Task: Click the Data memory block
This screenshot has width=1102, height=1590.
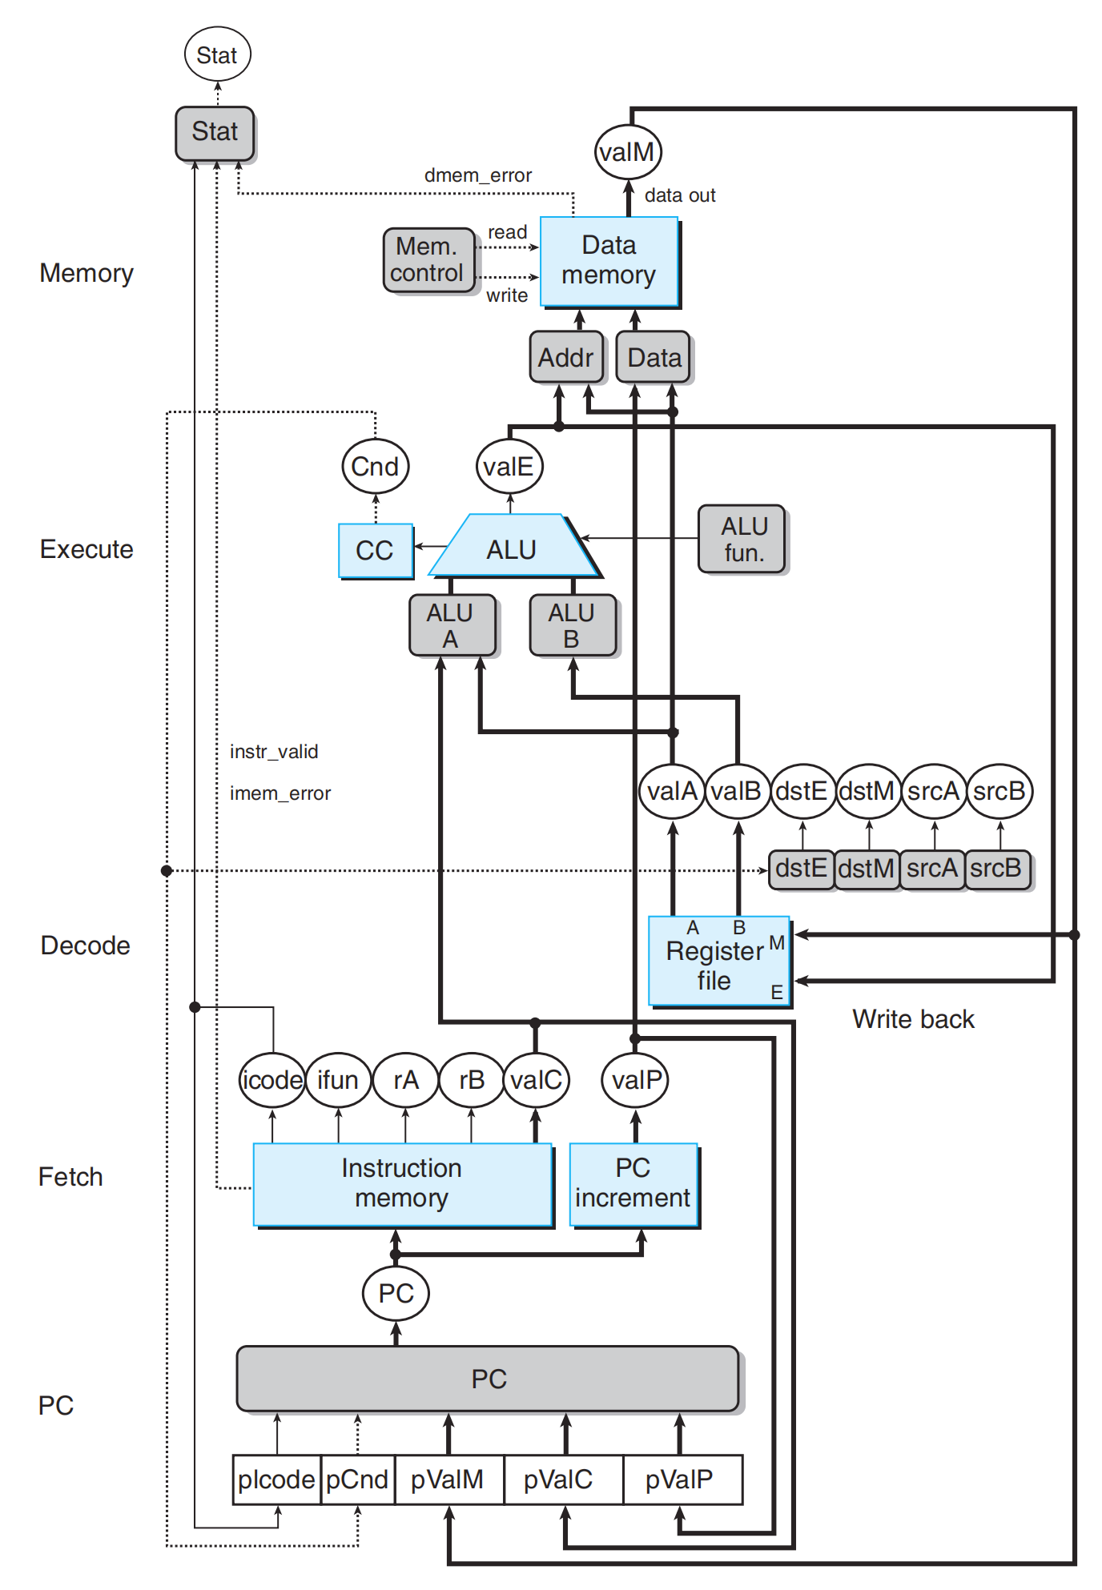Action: click(x=609, y=262)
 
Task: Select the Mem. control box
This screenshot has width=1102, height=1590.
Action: click(x=429, y=260)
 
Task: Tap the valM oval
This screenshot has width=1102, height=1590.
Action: click(x=628, y=151)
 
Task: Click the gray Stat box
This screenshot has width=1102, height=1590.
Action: click(x=215, y=134)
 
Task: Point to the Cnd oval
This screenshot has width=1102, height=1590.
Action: click(x=375, y=466)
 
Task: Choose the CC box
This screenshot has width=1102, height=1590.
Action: click(x=376, y=551)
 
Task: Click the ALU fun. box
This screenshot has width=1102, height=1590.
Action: click(x=742, y=540)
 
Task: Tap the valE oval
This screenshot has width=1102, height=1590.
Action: click(x=509, y=466)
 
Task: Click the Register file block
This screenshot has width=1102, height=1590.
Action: click(x=719, y=961)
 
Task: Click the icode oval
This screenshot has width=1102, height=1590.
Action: click(x=272, y=1080)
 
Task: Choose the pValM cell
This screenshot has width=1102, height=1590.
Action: click(x=448, y=1480)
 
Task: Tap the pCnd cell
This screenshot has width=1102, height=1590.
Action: click(x=357, y=1480)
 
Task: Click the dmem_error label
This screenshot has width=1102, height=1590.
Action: click(x=478, y=175)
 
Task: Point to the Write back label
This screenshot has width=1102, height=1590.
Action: click(x=913, y=1019)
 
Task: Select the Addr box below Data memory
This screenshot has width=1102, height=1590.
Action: click(x=566, y=358)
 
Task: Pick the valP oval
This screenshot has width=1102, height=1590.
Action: click(x=636, y=1080)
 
